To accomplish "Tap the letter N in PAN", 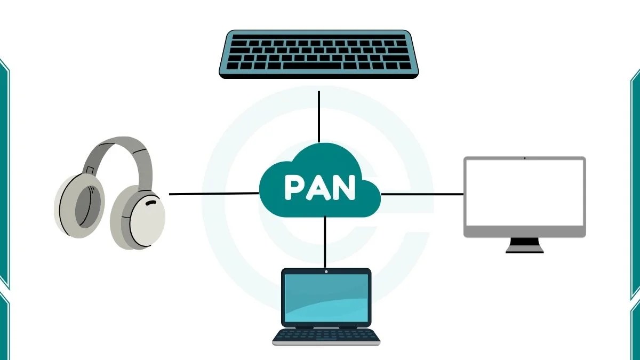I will pos(344,187).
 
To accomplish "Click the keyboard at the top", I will pos(319,54).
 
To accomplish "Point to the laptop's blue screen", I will pos(326,298).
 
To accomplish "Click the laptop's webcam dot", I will pos(326,272).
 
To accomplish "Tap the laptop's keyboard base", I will pos(326,337).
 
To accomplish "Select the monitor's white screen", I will pos(524,193).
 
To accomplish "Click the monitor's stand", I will pos(524,245).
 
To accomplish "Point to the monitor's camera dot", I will pos(524,158).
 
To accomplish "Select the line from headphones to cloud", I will pos(213,194).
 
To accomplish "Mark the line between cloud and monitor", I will pos(421,194).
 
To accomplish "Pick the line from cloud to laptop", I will pos(325,243).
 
